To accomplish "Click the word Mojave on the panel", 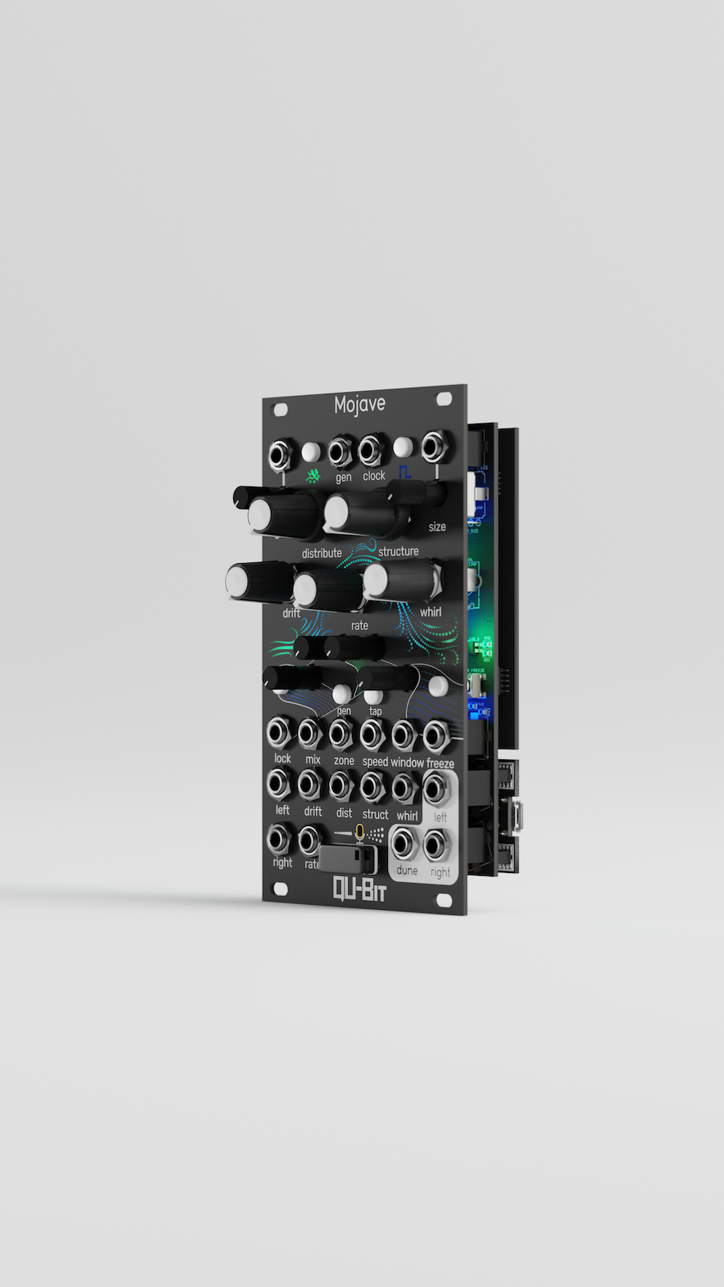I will coord(359,404).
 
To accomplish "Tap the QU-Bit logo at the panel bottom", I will coord(359,888).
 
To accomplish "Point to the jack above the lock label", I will coord(279,733).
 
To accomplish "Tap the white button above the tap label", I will coord(373,696).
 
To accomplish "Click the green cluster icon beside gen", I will coord(313,476).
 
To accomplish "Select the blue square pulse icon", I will coord(405,472).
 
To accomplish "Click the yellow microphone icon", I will coord(359,835).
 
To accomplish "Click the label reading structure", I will coord(398,552).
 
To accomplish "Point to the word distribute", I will coord(321,553).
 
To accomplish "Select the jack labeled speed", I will coord(371,735).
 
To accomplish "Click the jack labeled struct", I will coord(371,786).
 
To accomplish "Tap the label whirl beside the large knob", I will coord(430,612).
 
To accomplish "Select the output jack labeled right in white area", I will coord(436,845).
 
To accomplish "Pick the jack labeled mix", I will coord(310,733).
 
